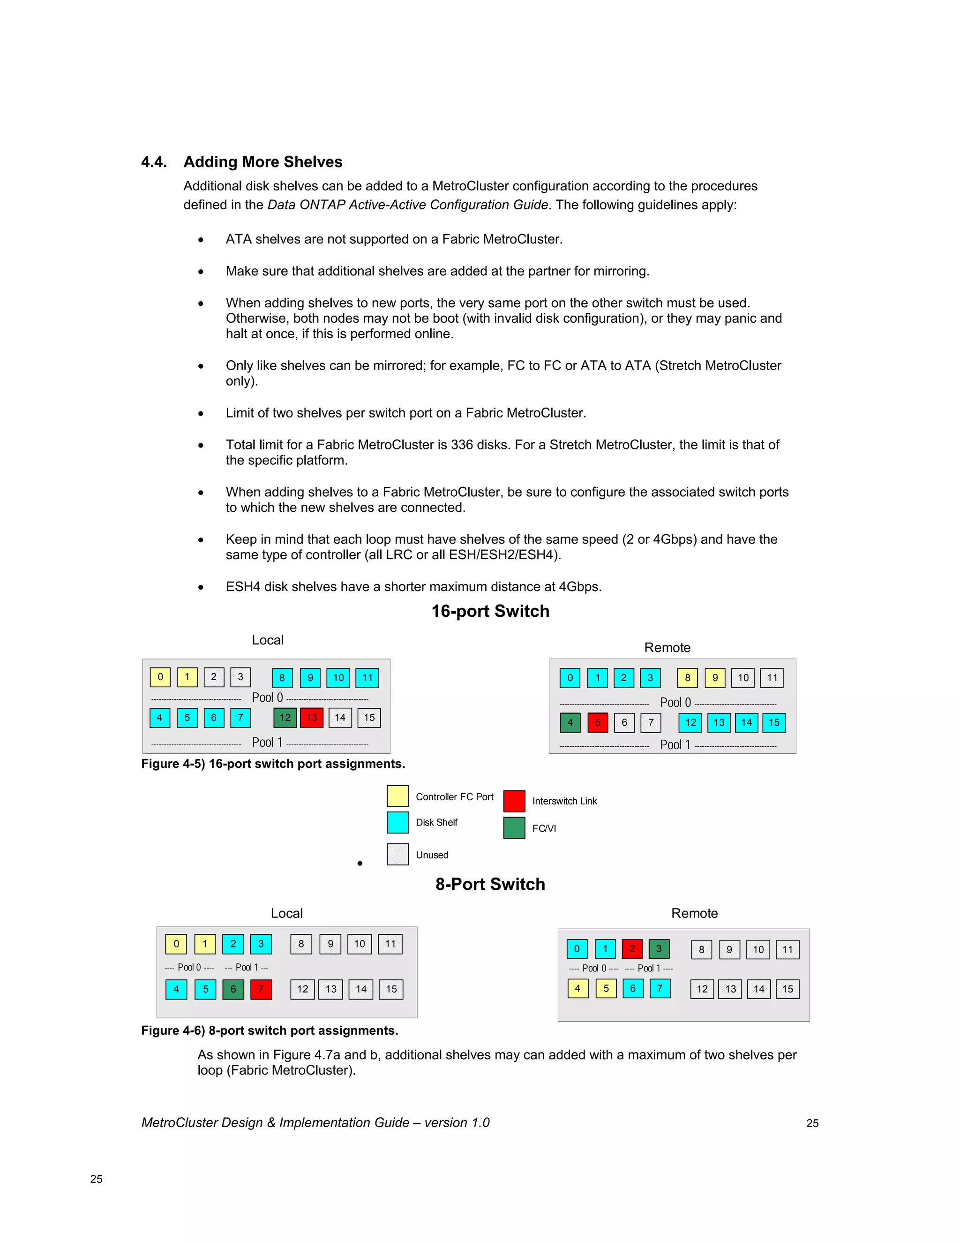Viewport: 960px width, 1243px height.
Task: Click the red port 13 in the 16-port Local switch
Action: click(x=312, y=718)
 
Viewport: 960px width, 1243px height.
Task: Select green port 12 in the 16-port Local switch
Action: click(x=285, y=718)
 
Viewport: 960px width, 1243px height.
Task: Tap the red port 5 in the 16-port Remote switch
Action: click(x=598, y=723)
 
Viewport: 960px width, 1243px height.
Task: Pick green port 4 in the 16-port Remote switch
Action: click(x=570, y=723)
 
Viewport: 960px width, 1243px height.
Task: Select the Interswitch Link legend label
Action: click(x=564, y=801)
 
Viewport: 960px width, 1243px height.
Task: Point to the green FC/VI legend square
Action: click(x=514, y=828)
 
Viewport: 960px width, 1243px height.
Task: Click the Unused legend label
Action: click(x=432, y=855)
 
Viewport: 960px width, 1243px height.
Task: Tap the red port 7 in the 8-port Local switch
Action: click(x=261, y=989)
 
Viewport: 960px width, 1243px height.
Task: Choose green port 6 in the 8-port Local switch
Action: click(x=233, y=989)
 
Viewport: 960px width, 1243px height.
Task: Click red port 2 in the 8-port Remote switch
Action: click(x=632, y=949)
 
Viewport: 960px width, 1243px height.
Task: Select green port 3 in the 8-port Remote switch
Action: click(x=659, y=949)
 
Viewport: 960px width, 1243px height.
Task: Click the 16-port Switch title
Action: click(x=490, y=611)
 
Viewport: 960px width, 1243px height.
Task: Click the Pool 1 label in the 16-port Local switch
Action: click(x=267, y=742)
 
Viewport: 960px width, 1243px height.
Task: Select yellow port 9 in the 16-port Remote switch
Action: click(x=715, y=678)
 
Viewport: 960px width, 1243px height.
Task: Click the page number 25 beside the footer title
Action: click(x=812, y=1123)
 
